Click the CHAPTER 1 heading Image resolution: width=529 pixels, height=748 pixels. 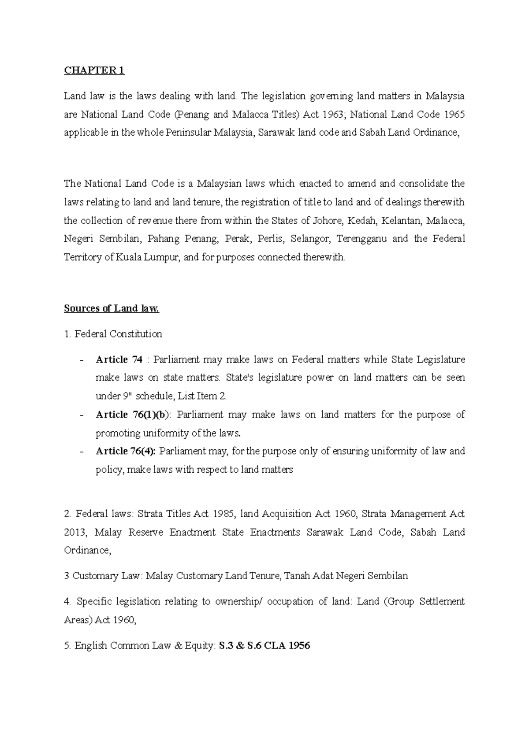point(94,70)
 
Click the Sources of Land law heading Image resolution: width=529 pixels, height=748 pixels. point(111,308)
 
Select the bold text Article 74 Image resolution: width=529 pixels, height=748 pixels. point(119,359)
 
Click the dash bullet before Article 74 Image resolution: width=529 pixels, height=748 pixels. point(81,360)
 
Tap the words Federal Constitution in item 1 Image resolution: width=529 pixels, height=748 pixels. point(118,334)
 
